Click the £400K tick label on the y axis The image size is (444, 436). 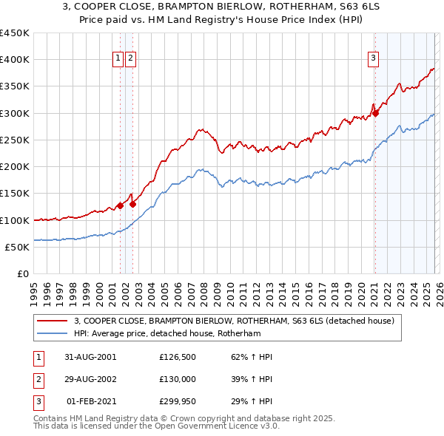(15, 60)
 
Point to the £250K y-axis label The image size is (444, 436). (15, 140)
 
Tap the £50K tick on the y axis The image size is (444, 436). (18, 247)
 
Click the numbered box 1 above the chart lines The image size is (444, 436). (118, 59)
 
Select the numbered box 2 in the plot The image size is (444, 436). (130, 59)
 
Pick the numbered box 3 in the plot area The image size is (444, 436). (374, 59)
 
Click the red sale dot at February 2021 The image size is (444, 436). (375, 113)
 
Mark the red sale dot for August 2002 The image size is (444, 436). (133, 204)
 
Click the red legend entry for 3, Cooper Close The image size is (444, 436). (236, 321)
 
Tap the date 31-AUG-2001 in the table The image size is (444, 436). (91, 357)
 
